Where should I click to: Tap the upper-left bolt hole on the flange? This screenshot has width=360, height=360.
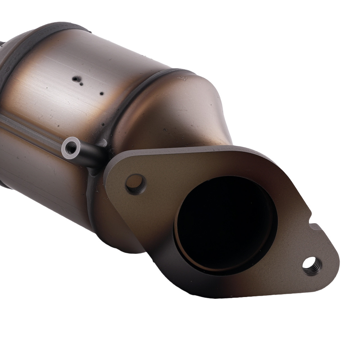(136, 184)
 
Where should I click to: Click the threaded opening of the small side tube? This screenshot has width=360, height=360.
(71, 147)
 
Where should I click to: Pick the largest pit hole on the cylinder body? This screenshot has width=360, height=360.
(75, 78)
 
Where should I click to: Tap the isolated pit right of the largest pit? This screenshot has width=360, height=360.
(102, 93)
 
